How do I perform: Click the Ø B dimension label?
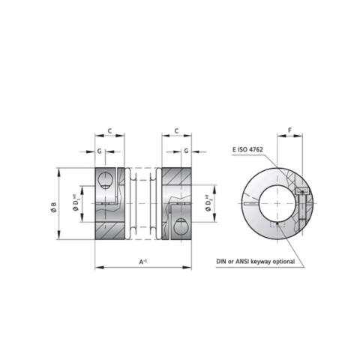pyautogui.click(x=54, y=207)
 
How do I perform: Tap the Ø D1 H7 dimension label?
pyautogui.click(x=76, y=204)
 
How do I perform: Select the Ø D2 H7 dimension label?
pyautogui.click(x=208, y=202)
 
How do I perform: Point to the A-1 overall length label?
pyautogui.click(x=143, y=262)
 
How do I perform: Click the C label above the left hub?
pyautogui.click(x=109, y=130)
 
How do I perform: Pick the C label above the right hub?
pyautogui.click(x=176, y=130)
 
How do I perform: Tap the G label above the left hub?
pyautogui.click(x=100, y=151)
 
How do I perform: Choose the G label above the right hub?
pyautogui.click(x=186, y=151)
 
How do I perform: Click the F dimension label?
pyautogui.click(x=290, y=130)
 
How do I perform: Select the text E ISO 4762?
pyautogui.click(x=247, y=149)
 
